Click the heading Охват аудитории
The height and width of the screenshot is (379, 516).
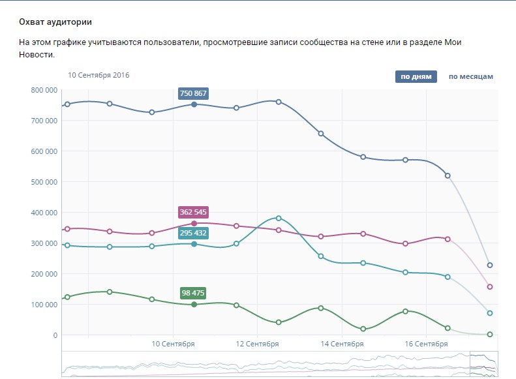[55, 22]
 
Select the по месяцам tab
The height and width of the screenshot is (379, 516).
[470, 77]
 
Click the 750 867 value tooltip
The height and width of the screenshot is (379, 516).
[193, 93]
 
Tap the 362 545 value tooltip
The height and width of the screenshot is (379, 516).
[193, 213]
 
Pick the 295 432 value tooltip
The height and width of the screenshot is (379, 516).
[193, 233]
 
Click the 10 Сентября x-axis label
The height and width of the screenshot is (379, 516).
[174, 344]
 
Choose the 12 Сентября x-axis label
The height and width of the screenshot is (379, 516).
[258, 344]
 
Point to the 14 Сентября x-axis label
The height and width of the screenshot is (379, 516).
[342, 344]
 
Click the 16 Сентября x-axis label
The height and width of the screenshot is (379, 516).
[426, 344]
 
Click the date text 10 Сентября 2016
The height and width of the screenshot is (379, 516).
[99, 75]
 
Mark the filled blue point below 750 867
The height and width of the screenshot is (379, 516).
[194, 104]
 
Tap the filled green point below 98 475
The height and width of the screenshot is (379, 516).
[194, 305]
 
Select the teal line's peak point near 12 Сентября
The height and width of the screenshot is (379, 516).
[279, 218]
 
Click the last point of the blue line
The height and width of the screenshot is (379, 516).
[490, 265]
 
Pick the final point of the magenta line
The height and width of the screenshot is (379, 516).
[490, 287]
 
